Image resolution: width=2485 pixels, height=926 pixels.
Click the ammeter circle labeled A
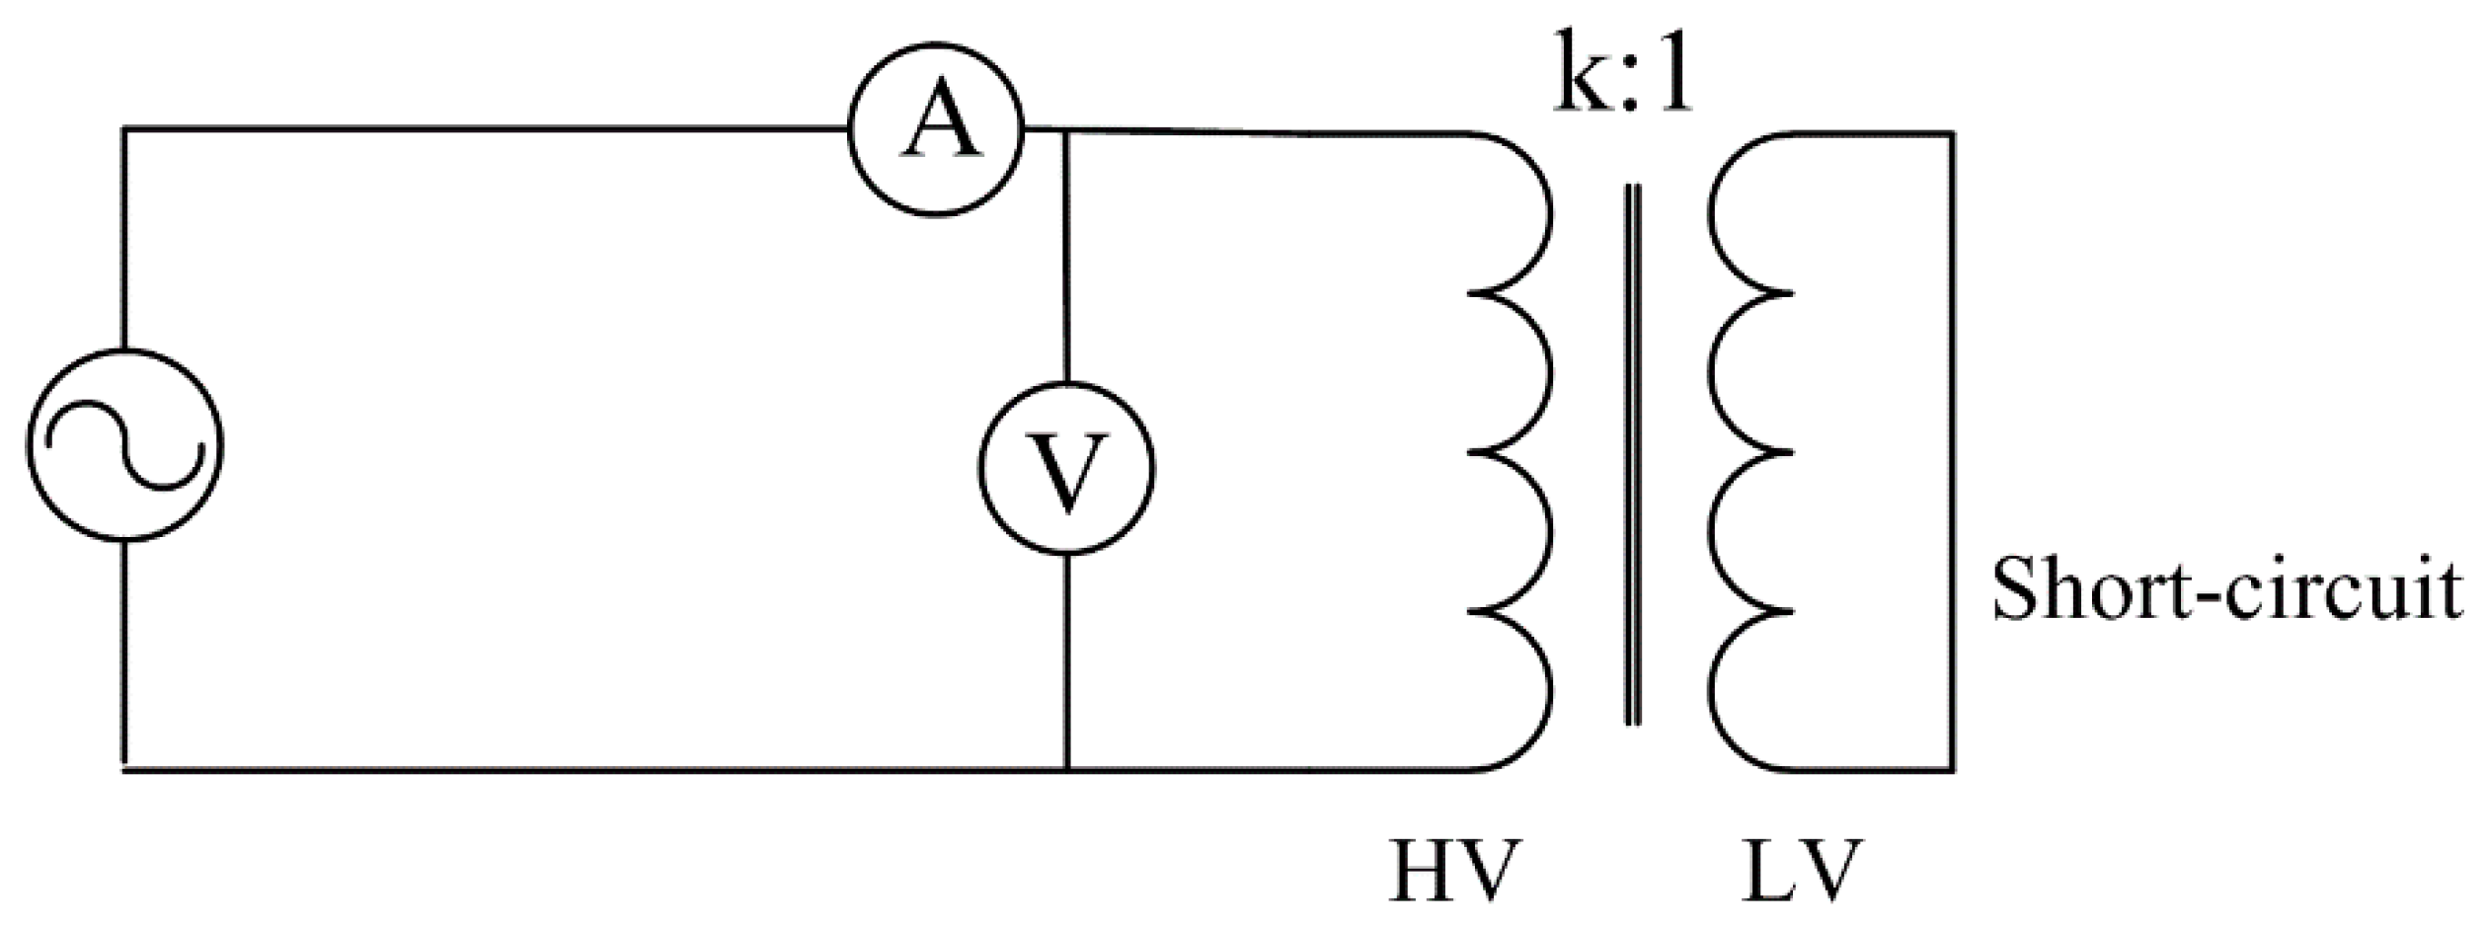(x=936, y=128)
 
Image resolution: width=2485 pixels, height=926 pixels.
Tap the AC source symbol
(x=124, y=444)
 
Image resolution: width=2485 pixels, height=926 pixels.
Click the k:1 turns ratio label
(x=1624, y=74)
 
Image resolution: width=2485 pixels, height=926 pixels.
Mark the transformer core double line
(x=1633, y=454)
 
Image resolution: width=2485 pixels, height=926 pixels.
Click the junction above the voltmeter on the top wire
(x=1066, y=130)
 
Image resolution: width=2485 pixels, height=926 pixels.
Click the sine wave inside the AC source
(x=124, y=444)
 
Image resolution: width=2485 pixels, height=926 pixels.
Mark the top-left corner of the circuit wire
(x=124, y=128)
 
